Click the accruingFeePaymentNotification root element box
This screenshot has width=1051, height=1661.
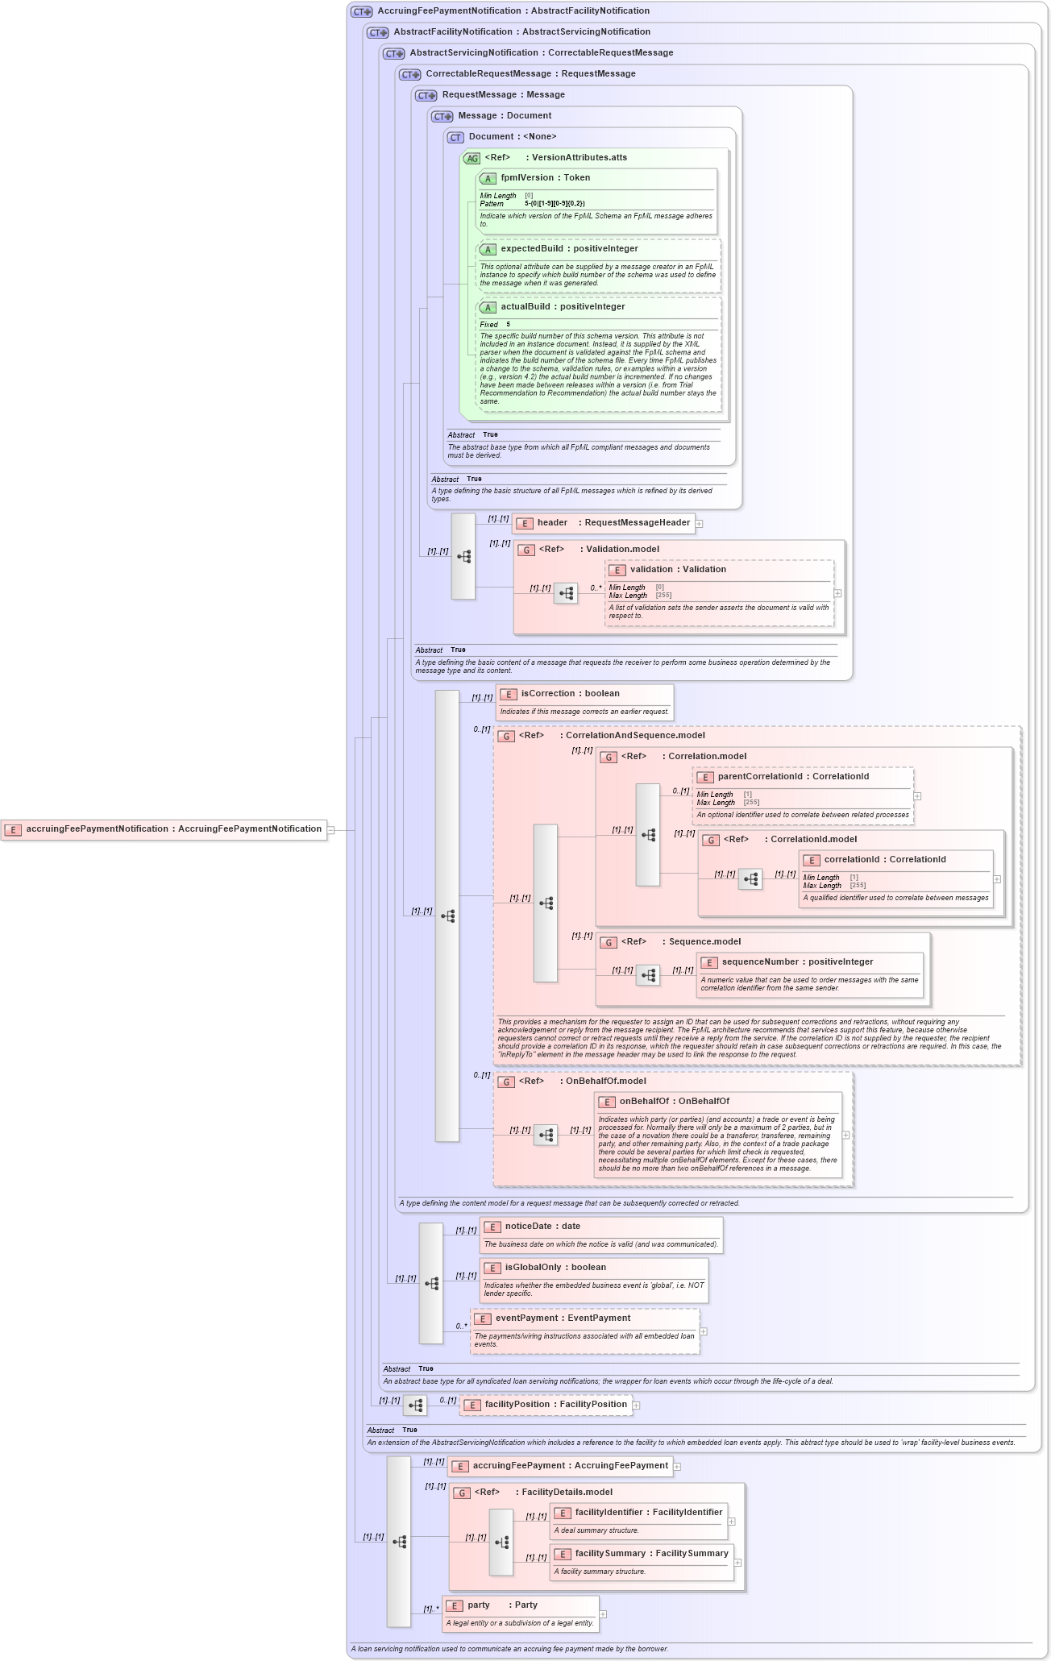[x=164, y=829]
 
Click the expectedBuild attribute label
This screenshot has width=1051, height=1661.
[x=569, y=249]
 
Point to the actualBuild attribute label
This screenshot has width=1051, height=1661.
[x=563, y=307]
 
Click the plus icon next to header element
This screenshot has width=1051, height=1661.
[x=700, y=524]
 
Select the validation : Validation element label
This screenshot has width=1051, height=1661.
[x=678, y=570]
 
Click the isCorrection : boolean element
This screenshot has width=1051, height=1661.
[x=570, y=694]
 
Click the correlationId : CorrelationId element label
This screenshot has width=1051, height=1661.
[x=884, y=860]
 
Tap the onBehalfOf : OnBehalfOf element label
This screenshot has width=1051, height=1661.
[x=674, y=1102]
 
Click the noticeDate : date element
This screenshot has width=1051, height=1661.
[x=542, y=1227]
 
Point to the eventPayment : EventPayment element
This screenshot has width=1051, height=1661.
[x=563, y=1318]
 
